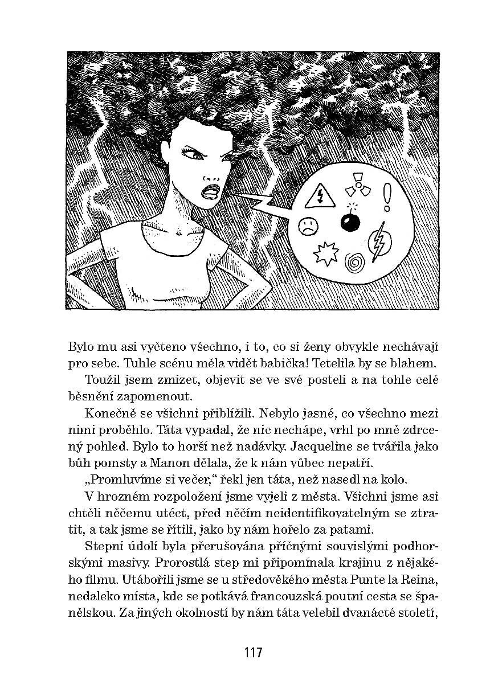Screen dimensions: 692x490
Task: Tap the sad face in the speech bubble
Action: (x=307, y=226)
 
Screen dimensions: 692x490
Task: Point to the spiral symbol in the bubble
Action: (x=355, y=263)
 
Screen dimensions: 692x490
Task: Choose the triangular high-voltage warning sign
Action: (x=320, y=196)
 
